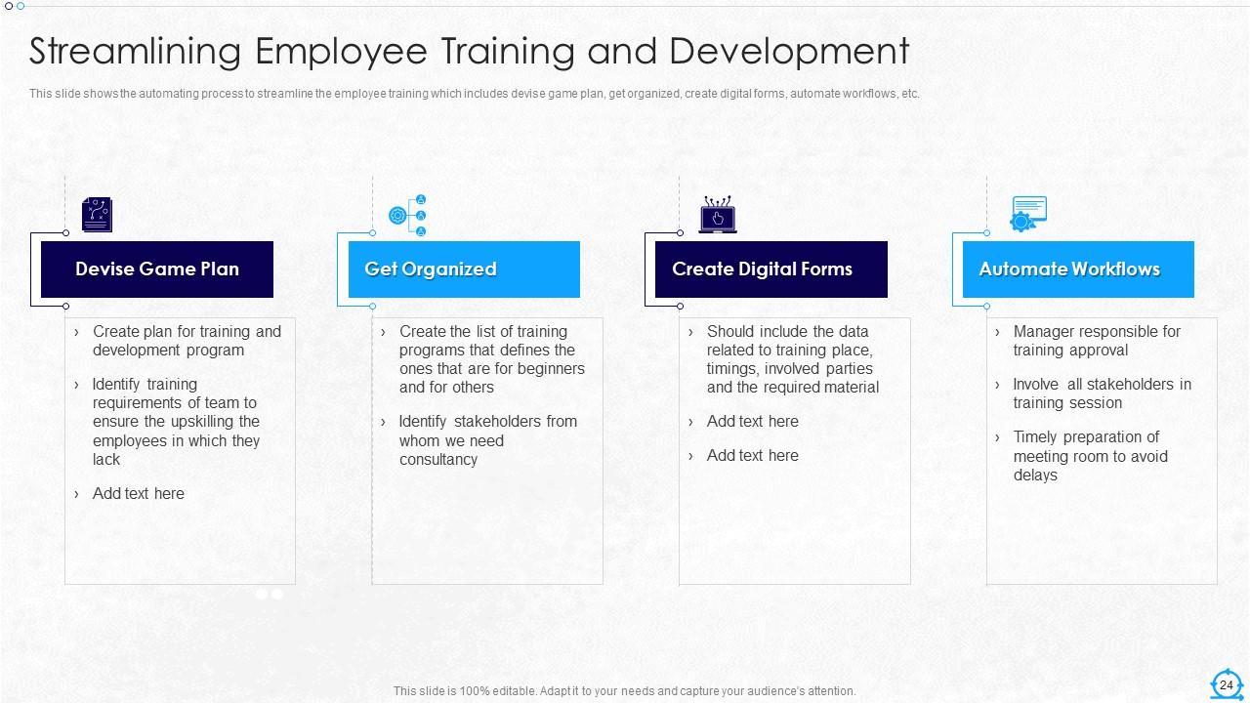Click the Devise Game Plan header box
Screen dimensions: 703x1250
pyautogui.click(x=156, y=269)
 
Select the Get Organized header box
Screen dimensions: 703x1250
pyautogui.click(x=464, y=269)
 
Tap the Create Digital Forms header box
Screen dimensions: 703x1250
pyautogui.click(x=771, y=269)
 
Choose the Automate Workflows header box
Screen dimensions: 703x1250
pyautogui.click(x=1077, y=269)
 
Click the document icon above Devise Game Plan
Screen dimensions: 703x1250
pyautogui.click(x=97, y=215)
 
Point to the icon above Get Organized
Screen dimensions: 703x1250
pyautogui.click(x=408, y=216)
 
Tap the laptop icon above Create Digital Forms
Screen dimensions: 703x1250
pyautogui.click(x=718, y=216)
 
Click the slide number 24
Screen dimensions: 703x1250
pyautogui.click(x=1227, y=685)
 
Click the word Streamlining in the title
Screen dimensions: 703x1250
pyautogui.click(x=135, y=52)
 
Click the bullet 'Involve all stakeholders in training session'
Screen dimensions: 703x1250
pyautogui.click(x=1102, y=393)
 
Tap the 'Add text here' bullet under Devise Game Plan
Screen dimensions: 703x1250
pyautogui.click(x=138, y=494)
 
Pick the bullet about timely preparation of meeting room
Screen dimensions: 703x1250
pyautogui.click(x=1089, y=456)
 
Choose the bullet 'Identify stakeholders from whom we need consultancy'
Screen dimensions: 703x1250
pyautogui.click(x=487, y=440)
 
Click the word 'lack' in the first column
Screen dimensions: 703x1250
pyautogui.click(x=106, y=460)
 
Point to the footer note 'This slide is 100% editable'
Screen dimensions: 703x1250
pyautogui.click(x=624, y=691)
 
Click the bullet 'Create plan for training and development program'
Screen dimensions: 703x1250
pyautogui.click(x=186, y=341)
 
